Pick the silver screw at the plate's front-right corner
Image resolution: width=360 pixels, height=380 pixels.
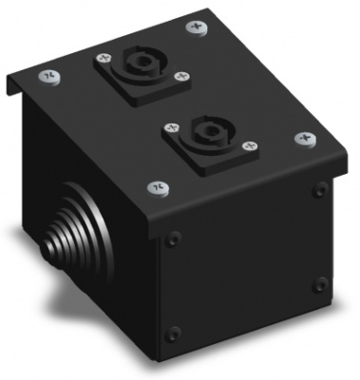[306, 138]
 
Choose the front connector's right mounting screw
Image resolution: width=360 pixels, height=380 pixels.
[250, 144]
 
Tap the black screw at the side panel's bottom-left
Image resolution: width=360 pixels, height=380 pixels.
[173, 332]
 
